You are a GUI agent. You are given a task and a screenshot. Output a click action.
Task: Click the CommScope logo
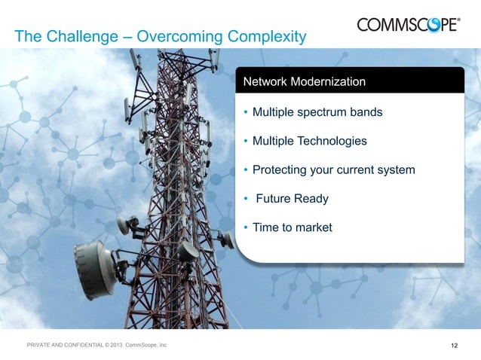pyautogui.click(x=407, y=25)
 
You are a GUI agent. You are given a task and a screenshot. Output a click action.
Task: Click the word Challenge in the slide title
pyautogui.click(x=72, y=36)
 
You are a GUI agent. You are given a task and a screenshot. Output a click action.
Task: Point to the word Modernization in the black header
pyautogui.click(x=328, y=81)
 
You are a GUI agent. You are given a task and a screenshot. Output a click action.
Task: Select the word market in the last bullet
pyautogui.click(x=313, y=227)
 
